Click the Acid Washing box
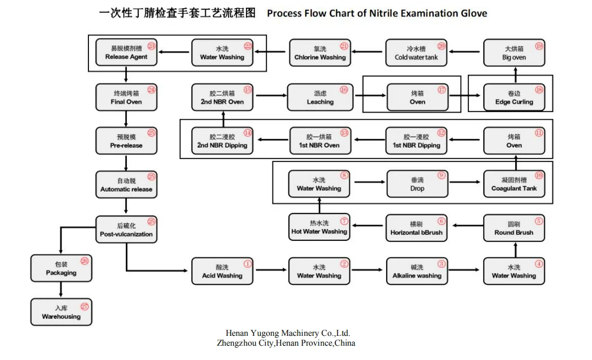(x=222, y=272)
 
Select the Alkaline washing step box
(x=417, y=272)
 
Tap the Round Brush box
(x=513, y=228)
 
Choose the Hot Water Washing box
(x=319, y=228)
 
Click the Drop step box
(x=417, y=184)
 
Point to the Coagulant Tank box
(x=513, y=184)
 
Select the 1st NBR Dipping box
(x=416, y=141)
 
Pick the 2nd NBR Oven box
(x=222, y=98)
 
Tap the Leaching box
(x=320, y=98)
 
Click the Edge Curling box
(x=513, y=98)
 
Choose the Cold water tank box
(x=416, y=53)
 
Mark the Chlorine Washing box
(x=320, y=53)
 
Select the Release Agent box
(x=126, y=53)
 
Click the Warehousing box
(x=61, y=312)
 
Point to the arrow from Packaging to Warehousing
(x=61, y=289)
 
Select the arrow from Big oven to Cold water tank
(x=465, y=52)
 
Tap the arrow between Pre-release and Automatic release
(x=126, y=162)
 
